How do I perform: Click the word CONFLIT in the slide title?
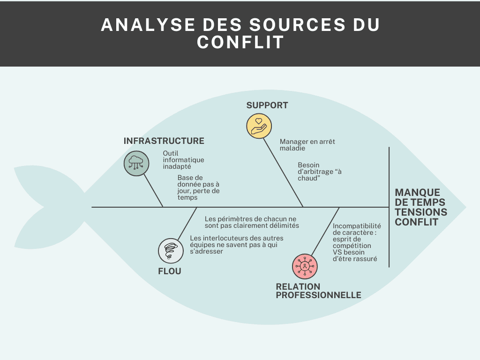point(240,42)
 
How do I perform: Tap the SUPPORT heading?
point(267,105)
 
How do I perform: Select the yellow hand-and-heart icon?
point(259,126)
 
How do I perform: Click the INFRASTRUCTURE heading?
point(164,141)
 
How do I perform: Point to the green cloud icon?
point(136,163)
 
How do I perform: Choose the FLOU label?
point(169,271)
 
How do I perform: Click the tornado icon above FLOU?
point(171,250)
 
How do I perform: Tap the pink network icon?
point(305,267)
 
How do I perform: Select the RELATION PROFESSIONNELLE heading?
point(318,291)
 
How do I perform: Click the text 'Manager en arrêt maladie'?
point(307,145)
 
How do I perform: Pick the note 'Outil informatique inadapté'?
point(183,160)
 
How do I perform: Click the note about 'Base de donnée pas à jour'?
point(198,187)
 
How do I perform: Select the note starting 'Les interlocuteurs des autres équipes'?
point(236,245)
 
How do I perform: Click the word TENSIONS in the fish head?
point(421,212)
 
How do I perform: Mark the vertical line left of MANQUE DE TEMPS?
point(389,206)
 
